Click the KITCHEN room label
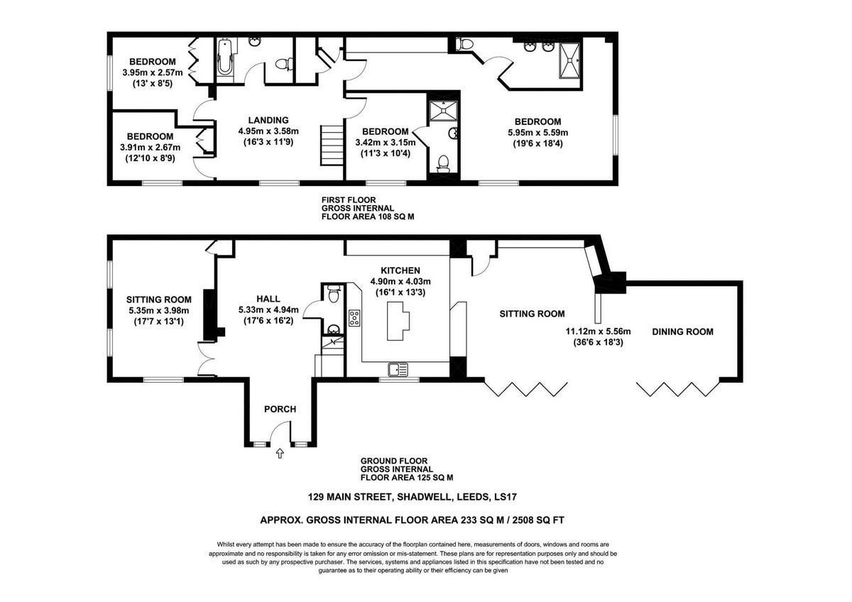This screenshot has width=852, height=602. pos(400,270)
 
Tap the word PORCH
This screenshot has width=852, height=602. pos(280,409)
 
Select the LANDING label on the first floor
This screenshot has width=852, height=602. pos(268,120)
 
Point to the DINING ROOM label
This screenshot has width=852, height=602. pos(682,332)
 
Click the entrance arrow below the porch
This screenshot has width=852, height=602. pos(280,452)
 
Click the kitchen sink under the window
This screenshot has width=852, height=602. pos(397,368)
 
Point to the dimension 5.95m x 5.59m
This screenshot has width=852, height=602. pos(537,132)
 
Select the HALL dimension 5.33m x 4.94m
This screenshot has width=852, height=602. pos(268,310)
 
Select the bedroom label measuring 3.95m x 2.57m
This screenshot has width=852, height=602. pos(152,72)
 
